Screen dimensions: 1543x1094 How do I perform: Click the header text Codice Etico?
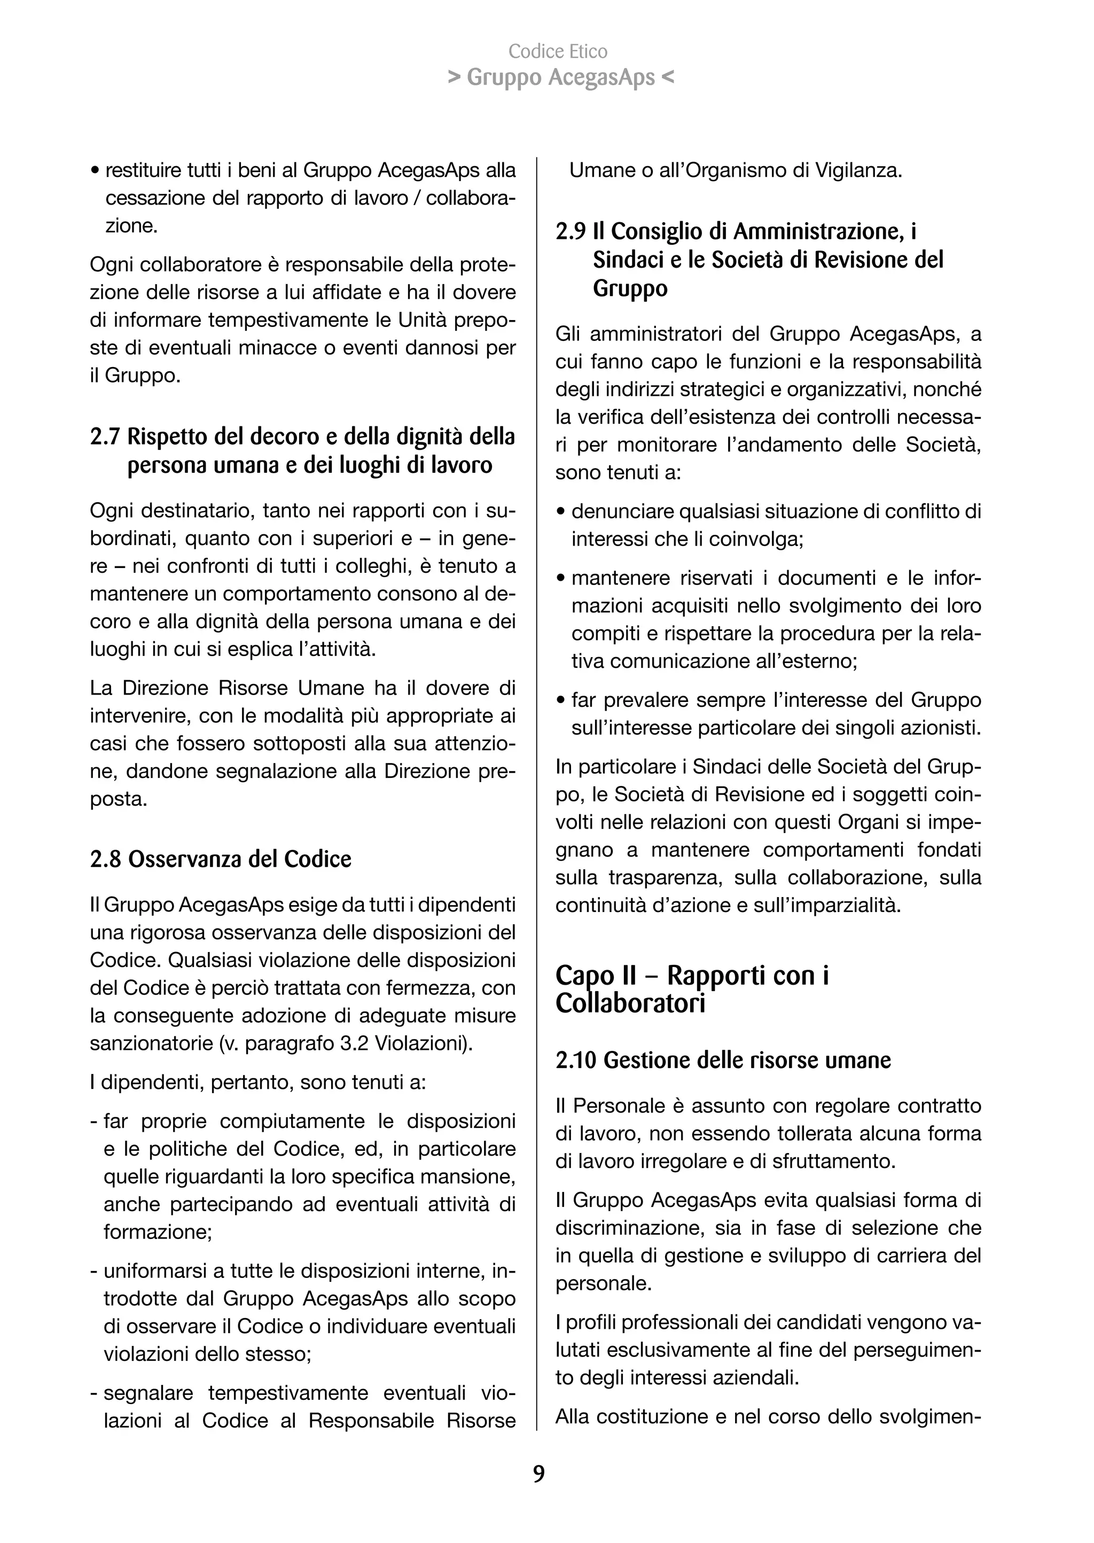click(x=558, y=51)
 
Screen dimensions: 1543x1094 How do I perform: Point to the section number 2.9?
click(x=571, y=232)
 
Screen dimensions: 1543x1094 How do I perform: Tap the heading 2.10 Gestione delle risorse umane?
click(x=723, y=1060)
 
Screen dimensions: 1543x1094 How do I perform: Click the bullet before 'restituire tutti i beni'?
click(x=95, y=171)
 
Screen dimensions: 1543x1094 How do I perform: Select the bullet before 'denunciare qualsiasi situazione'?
click(x=560, y=512)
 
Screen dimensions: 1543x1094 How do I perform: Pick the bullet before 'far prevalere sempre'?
click(x=560, y=701)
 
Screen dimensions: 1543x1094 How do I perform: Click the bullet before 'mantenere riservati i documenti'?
click(x=560, y=579)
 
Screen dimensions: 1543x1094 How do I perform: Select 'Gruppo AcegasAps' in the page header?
click(x=560, y=78)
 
